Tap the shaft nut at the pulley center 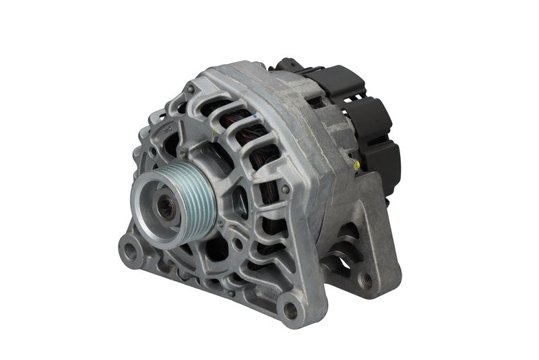pos(166,208)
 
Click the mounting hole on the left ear pos(129,249)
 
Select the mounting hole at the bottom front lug pos(290,311)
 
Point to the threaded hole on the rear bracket pos(366,277)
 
